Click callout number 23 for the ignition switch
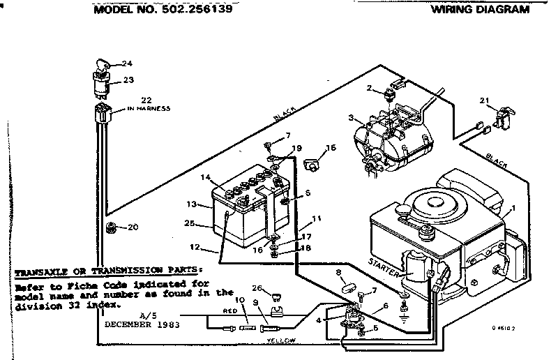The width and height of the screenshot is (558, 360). [x=128, y=80]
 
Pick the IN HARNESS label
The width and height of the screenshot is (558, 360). [x=149, y=109]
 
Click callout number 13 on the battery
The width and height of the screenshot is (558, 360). [x=192, y=204]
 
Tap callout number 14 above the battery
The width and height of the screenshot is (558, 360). [x=206, y=177]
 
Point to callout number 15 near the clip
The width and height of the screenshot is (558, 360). [x=331, y=147]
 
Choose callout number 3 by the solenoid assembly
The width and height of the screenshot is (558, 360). [x=352, y=117]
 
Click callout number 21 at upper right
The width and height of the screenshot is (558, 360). [x=483, y=102]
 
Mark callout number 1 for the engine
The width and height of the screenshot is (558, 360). [x=514, y=207]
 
